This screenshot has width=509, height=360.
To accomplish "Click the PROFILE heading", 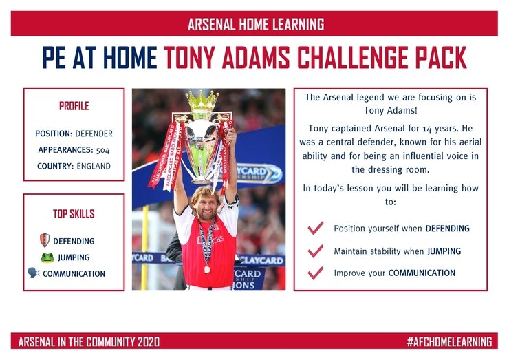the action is point(74,106).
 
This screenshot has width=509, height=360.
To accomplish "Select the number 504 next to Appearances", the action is point(102,150).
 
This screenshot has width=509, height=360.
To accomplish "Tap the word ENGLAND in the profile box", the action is point(94,166).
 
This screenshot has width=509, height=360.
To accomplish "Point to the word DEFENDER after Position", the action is point(94,134).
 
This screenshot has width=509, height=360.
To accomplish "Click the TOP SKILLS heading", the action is point(74,213).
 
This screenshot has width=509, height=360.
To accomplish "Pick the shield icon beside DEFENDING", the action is point(45,240).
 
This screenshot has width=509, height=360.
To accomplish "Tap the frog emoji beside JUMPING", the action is point(47,257).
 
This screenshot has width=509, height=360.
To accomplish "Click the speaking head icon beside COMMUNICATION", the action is point(34,273).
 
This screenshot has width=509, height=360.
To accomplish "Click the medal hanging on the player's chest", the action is point(207,269).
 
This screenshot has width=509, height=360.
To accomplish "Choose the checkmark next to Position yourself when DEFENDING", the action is point(315,228).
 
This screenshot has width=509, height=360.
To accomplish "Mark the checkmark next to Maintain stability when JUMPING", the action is point(315,251).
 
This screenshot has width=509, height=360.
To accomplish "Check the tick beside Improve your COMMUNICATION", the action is point(315,273).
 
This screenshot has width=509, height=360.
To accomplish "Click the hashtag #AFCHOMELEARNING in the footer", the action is point(450,342).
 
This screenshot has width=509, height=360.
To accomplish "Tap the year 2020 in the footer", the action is point(149,342).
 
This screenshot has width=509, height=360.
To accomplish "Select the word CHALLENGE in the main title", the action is point(354,58).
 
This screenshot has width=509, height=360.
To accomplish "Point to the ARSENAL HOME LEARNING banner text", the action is point(256,24).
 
